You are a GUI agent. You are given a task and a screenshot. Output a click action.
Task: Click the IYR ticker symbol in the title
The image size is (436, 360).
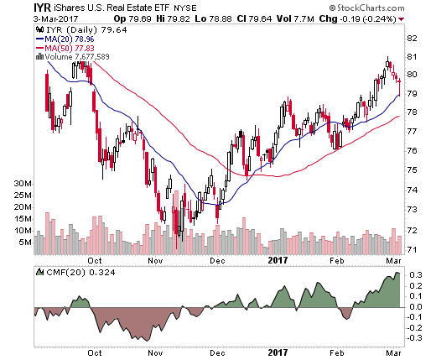point(42,8)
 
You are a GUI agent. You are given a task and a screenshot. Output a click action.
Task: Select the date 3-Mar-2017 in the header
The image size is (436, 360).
point(55,19)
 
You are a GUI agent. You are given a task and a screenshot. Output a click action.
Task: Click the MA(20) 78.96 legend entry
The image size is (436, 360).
point(65,39)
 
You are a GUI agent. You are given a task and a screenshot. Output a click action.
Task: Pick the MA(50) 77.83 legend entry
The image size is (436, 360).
point(65,48)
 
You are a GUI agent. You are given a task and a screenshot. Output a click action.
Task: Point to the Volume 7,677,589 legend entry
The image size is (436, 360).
point(73,57)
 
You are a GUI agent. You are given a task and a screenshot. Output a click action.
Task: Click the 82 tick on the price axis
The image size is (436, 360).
point(412,39)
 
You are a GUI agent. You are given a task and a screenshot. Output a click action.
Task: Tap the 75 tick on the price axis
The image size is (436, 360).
point(412,170)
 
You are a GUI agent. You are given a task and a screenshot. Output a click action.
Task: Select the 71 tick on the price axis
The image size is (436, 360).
point(412,249)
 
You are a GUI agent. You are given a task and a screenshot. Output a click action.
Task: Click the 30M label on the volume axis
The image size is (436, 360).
point(23,184)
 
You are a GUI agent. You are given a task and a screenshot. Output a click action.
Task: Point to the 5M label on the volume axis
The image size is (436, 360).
point(25,243)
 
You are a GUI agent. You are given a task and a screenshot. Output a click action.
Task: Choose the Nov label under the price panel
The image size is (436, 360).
point(155,261)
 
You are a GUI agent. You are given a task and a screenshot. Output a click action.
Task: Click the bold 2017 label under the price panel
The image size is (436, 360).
point(278,260)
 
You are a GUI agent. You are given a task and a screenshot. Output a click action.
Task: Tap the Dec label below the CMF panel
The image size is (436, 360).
point(217,353)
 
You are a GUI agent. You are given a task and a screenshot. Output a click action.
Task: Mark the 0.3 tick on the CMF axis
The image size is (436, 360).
point(416,275)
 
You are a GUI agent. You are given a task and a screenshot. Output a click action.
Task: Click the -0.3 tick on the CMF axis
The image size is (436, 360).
point(413,338)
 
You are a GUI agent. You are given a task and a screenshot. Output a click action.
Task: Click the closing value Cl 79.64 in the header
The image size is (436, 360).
point(254,19)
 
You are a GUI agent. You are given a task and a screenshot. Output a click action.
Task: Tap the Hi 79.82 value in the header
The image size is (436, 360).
point(174,19)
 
